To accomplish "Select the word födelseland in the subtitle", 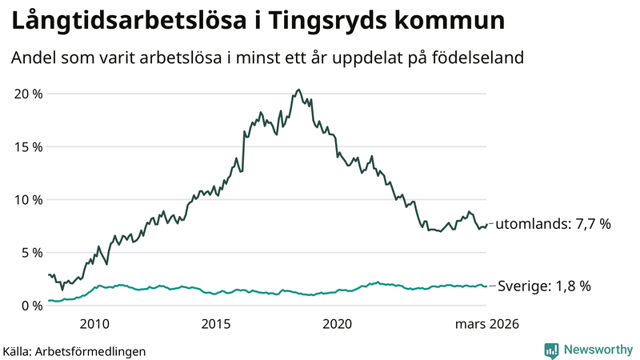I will [478, 58].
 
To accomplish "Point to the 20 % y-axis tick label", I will [29, 94].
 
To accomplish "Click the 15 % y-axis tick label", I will [29, 146].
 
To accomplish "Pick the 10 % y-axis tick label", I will [29, 199].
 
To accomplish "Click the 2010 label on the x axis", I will [94, 324].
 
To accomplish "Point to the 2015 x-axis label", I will [216, 324].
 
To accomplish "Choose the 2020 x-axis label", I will [337, 324].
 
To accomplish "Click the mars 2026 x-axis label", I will [486, 324].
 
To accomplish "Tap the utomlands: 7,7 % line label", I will [553, 224].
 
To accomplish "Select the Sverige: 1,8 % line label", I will [544, 286].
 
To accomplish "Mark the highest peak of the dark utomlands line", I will [298, 90].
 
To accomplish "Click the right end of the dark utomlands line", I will [486, 224].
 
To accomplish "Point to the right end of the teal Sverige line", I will [486, 286].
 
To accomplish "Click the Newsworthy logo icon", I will [551, 350].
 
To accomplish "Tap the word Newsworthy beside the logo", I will [598, 350].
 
